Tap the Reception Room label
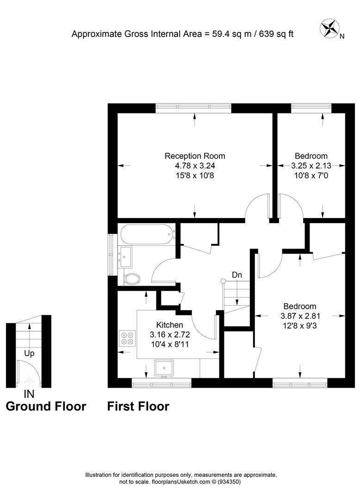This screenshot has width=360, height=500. [195, 156]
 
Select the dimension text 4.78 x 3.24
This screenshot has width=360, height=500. [195, 166]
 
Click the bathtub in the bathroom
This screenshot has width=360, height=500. [147, 234]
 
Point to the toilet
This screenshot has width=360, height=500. [132, 279]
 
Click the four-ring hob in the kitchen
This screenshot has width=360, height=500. [127, 338]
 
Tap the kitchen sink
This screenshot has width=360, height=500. [164, 369]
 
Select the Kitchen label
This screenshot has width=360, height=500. [169, 325]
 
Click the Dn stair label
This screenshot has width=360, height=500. [237, 275]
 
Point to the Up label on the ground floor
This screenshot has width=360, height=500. [29, 353]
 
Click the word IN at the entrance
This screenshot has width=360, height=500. [29, 394]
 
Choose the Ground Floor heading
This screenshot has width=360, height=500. [46, 406]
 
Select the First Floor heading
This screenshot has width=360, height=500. [138, 406]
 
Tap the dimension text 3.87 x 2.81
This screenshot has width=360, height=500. [300, 316]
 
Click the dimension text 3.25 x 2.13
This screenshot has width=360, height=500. [311, 166]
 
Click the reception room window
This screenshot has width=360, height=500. [193, 108]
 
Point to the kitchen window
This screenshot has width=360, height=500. [161, 383]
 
